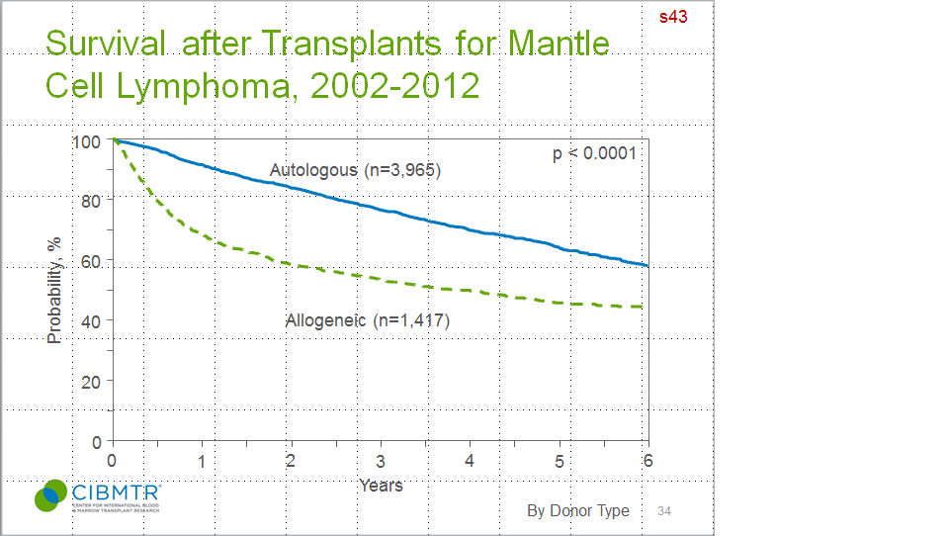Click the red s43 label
674,17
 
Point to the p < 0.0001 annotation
593,153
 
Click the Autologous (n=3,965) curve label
355,170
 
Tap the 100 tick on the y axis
87,141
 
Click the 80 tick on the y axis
91,201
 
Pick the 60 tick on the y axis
91,261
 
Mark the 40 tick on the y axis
91,320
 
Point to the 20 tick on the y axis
91,381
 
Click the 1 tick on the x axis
202,461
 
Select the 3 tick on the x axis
380,461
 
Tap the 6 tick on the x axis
647,461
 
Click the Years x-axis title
381,485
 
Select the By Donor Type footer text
577,510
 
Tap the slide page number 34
664,510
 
